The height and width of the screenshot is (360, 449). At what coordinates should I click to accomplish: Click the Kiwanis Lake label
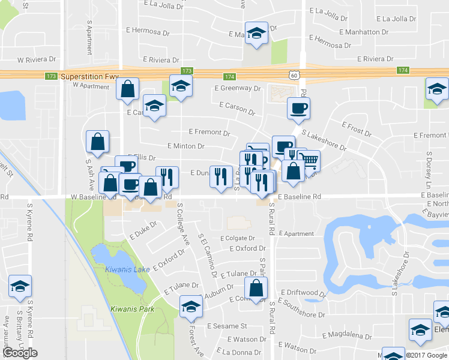[127, 269]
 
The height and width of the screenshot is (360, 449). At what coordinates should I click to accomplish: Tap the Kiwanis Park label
[132, 309]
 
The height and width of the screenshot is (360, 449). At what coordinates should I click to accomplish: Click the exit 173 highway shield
[51, 76]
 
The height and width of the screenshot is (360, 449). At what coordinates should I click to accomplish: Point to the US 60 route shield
[293, 75]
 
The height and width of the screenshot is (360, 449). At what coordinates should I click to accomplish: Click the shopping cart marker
[309, 160]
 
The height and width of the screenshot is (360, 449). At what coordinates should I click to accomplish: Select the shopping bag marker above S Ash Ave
[97, 142]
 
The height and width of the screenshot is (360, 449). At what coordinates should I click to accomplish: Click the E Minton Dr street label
[186, 146]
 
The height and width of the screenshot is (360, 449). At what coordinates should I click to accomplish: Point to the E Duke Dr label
[142, 228]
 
